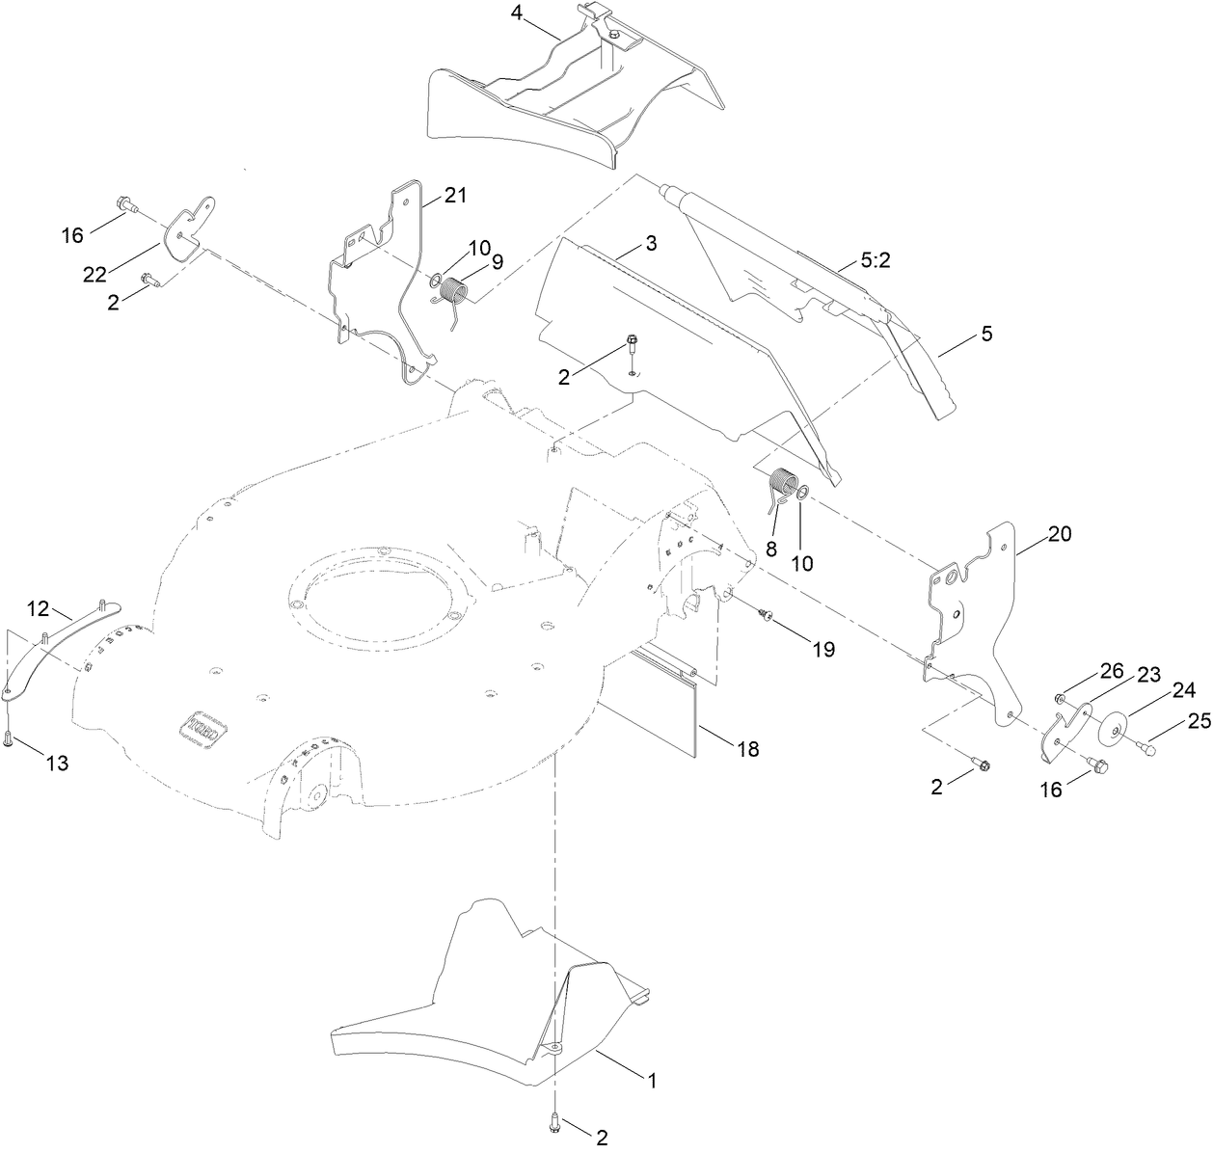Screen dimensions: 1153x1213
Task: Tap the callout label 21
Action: [455, 196]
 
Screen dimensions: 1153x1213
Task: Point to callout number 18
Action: [748, 748]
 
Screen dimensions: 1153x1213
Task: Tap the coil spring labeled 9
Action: [456, 293]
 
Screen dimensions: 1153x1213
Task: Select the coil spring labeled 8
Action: [782, 484]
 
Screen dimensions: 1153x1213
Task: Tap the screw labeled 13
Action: [9, 739]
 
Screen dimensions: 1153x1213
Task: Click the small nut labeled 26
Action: [1060, 698]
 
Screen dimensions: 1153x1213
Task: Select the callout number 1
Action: [652, 1082]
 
